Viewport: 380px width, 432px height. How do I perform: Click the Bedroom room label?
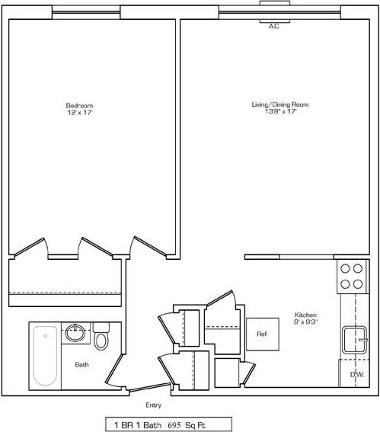click(78, 104)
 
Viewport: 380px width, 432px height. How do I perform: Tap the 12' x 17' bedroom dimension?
click(78, 112)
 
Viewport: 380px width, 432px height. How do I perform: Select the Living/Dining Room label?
click(280, 104)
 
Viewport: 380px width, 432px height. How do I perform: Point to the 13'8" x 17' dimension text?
click(280, 112)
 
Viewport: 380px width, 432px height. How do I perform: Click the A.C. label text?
click(274, 26)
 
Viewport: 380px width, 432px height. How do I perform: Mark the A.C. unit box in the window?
click(274, 7)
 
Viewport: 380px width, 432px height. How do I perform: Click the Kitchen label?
click(306, 315)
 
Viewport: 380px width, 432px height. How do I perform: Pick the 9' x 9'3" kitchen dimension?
click(306, 322)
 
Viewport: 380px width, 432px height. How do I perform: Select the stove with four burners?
click(351, 276)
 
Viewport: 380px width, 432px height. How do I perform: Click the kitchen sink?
click(353, 340)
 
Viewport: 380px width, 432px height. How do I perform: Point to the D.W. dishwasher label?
click(356, 375)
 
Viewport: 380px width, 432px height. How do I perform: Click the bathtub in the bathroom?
click(45, 355)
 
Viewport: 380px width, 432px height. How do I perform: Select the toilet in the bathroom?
click(101, 338)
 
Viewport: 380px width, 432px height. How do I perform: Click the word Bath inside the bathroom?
click(81, 365)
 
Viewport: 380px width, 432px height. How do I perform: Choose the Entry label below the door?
click(153, 405)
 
